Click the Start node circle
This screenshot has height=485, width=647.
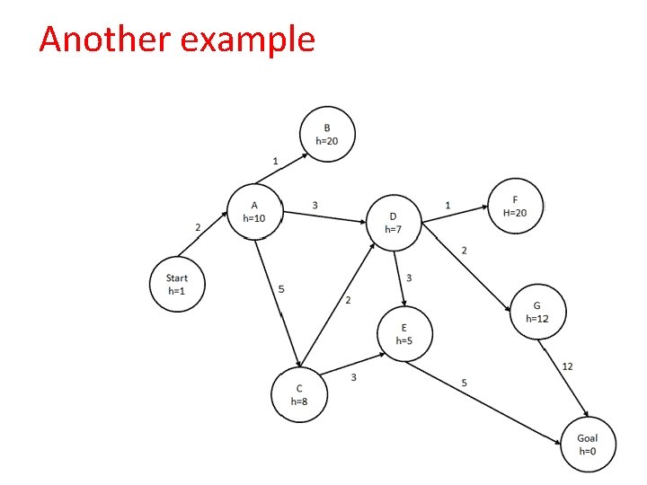176,284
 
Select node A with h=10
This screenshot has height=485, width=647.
254,211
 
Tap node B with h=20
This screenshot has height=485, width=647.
327,134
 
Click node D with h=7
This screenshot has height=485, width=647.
394,223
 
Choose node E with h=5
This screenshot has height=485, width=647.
403,334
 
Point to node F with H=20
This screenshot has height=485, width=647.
515,206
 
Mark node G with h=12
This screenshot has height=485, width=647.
537,312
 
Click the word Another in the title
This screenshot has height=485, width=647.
99,40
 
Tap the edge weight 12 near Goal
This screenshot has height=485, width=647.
567,366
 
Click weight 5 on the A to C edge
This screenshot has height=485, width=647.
281,289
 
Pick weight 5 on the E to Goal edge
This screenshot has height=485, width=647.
464,383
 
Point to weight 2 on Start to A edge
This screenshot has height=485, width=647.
198,227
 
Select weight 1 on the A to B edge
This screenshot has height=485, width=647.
275,161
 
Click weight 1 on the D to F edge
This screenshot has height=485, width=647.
448,206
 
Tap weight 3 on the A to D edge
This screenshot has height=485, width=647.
315,205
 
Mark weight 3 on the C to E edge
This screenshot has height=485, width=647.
353,377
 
